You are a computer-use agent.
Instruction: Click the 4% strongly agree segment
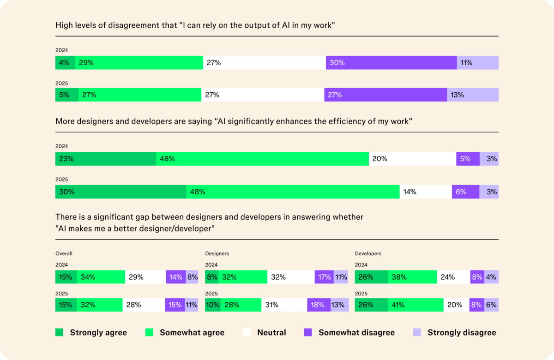pyautogui.click(x=65, y=63)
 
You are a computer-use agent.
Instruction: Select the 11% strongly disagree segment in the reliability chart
pyautogui.click(x=478, y=63)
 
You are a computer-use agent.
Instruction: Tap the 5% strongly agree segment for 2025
pyautogui.click(x=67, y=95)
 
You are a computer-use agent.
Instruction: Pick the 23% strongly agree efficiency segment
pyautogui.click(x=106, y=159)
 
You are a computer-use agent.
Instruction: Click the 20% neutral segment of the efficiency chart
pyautogui.click(x=412, y=159)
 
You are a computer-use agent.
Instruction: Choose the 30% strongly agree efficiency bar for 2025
pyautogui.click(x=121, y=192)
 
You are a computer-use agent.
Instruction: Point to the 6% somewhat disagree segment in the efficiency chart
pyautogui.click(x=465, y=192)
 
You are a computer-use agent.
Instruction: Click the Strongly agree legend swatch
pyautogui.click(x=60, y=332)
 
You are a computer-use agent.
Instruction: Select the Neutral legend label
pyautogui.click(x=271, y=332)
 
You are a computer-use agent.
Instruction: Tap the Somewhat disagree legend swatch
pyautogui.click(x=308, y=332)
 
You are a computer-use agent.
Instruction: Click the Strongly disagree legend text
pyautogui.click(x=462, y=332)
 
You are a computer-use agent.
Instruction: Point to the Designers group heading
pyautogui.click(x=217, y=253)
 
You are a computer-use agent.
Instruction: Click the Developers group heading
pyautogui.click(x=368, y=253)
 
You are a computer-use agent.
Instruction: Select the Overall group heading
pyautogui.click(x=64, y=253)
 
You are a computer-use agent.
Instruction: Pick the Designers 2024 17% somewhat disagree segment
pyautogui.click(x=324, y=277)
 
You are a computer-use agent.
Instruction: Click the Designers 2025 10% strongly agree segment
pyautogui.click(x=213, y=305)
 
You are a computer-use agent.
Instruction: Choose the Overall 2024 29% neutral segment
pyautogui.click(x=145, y=277)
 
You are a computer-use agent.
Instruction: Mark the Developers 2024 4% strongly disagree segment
pyautogui.click(x=491, y=277)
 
